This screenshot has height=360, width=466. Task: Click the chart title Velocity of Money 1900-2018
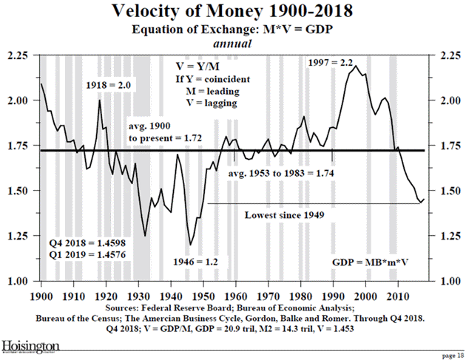232,12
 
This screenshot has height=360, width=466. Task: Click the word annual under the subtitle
233,44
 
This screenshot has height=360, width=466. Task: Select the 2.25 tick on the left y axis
21,56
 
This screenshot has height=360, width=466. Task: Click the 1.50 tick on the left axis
21,191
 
